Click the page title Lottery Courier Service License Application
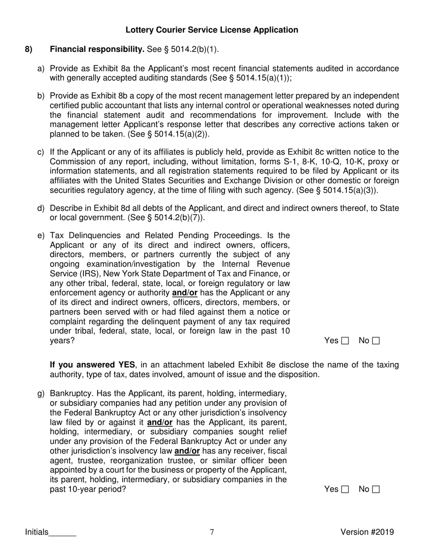pos(212,30)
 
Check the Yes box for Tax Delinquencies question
pos(345,341)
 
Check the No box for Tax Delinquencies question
pos(376,341)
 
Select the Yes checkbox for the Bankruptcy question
pos(345,490)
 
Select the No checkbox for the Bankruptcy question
pos(376,490)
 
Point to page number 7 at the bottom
pos(212,532)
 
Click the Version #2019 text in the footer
pos(367,532)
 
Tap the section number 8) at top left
pos(29,49)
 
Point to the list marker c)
pos(41,152)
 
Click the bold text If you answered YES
pos(91,365)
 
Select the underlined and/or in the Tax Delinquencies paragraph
pos(185,293)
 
